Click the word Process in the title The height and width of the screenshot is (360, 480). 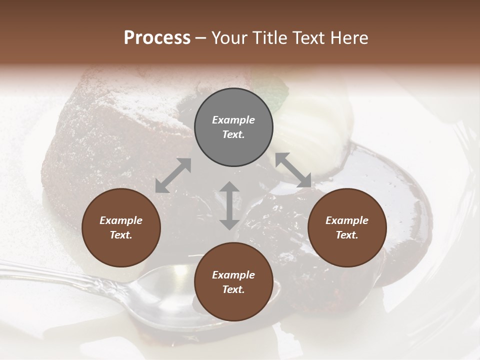pos(157,38)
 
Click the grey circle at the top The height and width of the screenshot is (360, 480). pos(233,127)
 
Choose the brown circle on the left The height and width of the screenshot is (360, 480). pos(121,227)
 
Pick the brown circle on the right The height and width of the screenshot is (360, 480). pos(347,227)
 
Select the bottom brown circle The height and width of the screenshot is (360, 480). pos(233,282)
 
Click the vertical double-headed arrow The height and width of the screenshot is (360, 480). pos(229,205)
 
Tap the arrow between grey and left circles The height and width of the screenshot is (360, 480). pos(173,175)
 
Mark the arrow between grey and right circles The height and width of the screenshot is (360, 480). pos(293,170)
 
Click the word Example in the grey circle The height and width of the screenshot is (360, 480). pos(233,120)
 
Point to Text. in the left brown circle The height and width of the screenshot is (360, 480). pos(121,235)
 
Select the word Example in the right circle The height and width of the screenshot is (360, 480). pos(347,220)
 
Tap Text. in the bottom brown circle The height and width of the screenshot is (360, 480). pos(233,289)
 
